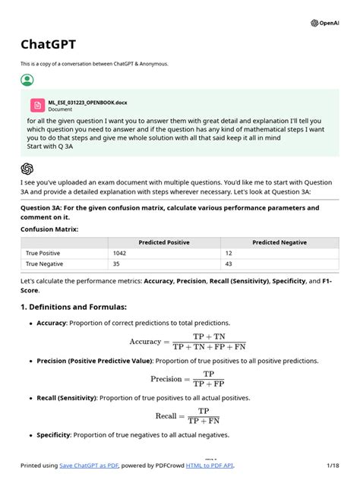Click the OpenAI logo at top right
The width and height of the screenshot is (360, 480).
[325, 23]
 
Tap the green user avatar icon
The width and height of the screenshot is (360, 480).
[27, 80]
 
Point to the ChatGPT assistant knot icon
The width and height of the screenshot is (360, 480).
[27, 169]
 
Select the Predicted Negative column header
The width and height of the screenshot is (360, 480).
[279, 242]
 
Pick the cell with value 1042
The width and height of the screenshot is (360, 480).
[120, 253]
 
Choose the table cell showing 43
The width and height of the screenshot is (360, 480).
[227, 264]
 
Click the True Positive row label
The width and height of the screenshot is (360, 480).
[43, 253]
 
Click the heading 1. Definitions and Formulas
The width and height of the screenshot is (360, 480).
[74, 307]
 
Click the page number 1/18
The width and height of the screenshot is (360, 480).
[332, 465]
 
